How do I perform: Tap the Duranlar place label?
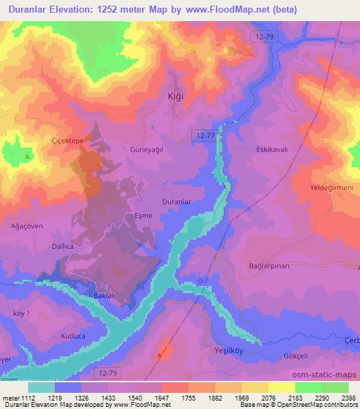(x=157, y=201)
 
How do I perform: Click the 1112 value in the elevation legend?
(x=26, y=398)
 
